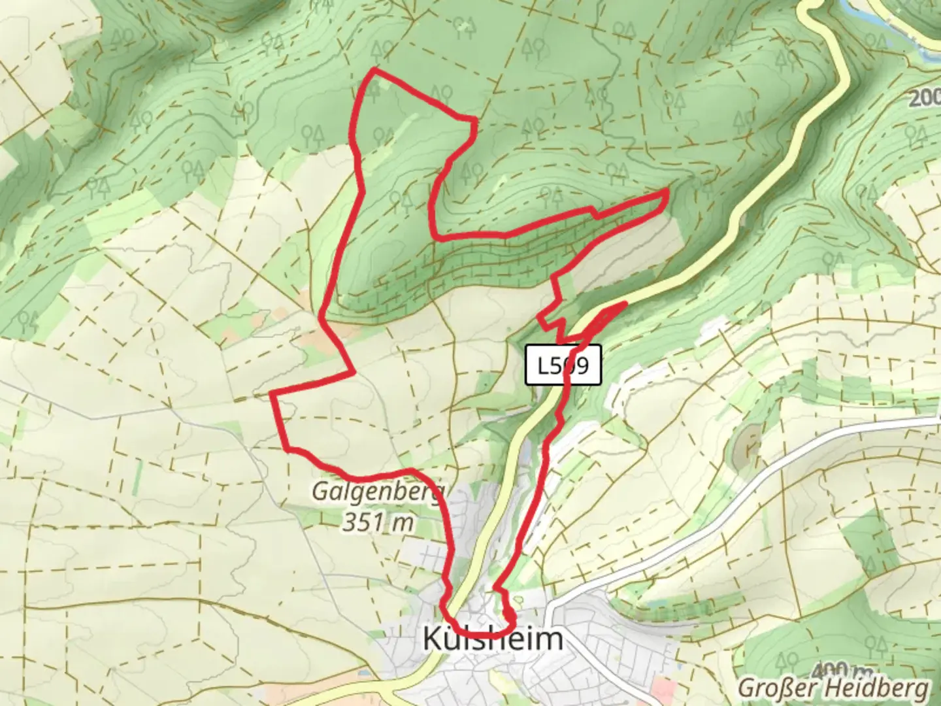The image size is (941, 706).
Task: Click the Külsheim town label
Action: click(x=493, y=639)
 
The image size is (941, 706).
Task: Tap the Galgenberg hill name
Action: click(x=379, y=491)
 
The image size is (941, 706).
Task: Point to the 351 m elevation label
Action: click(x=379, y=522)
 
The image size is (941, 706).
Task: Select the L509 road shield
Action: click(x=563, y=365)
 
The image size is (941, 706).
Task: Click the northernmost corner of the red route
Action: click(x=374, y=69)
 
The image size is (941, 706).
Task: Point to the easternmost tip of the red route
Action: click(x=666, y=190)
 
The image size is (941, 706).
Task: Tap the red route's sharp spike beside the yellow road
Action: click(x=624, y=303)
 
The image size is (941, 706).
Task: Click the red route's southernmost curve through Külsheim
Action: click(x=484, y=634)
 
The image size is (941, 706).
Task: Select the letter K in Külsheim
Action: click(x=433, y=639)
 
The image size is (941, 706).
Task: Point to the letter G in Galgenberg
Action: click(x=320, y=491)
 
